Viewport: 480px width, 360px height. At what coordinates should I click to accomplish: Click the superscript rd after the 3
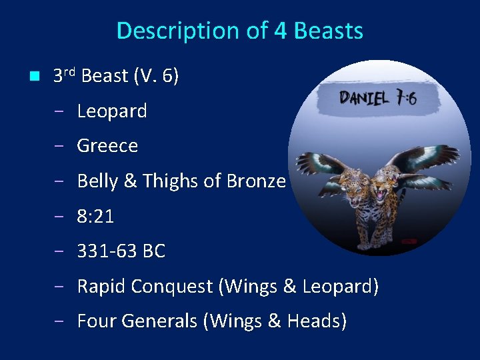70,71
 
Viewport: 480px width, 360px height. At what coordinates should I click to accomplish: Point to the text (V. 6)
156,76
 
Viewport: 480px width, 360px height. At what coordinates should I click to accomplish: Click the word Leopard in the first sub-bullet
112,111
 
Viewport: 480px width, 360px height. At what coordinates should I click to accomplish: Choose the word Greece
107,145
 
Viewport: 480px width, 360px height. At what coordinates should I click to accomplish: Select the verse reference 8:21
95,216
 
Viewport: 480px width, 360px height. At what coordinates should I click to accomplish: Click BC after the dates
153,251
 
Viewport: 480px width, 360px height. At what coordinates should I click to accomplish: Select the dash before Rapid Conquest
59,287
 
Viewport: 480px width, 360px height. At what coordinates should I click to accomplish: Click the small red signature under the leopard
407,241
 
